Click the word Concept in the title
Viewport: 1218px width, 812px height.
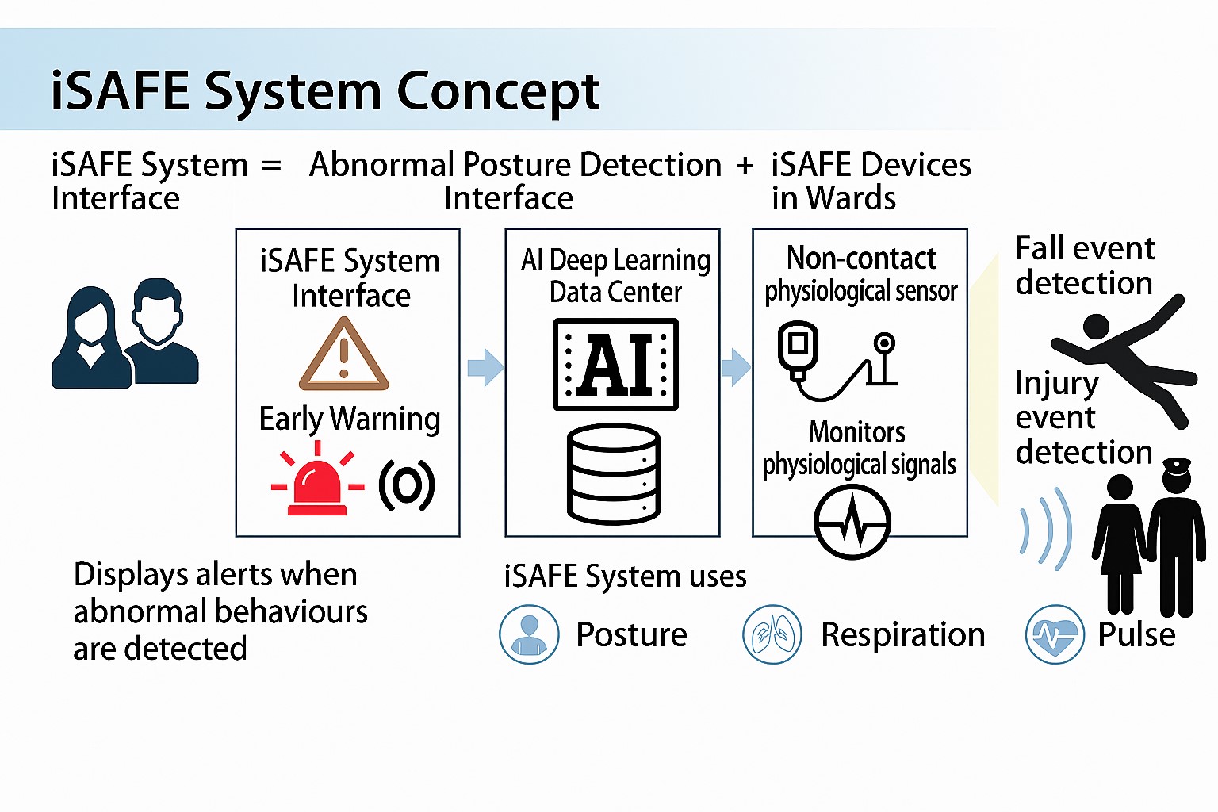498,92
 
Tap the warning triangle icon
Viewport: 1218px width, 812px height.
344,355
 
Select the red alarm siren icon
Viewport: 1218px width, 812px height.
317,481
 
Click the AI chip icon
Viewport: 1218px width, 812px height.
615,364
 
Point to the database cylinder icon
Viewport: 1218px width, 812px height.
614,474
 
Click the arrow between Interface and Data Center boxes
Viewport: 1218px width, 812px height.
485,367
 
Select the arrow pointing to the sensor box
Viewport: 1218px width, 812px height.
735,367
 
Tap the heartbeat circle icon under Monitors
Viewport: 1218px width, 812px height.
852,523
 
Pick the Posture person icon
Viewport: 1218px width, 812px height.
529,634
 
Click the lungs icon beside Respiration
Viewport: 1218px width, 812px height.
772,634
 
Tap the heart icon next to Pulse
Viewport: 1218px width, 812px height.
1055,634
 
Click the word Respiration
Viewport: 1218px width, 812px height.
902,634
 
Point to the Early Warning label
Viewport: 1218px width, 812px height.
350,419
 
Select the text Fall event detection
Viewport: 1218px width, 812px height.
1084,265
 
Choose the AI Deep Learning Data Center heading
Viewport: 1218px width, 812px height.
615,275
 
